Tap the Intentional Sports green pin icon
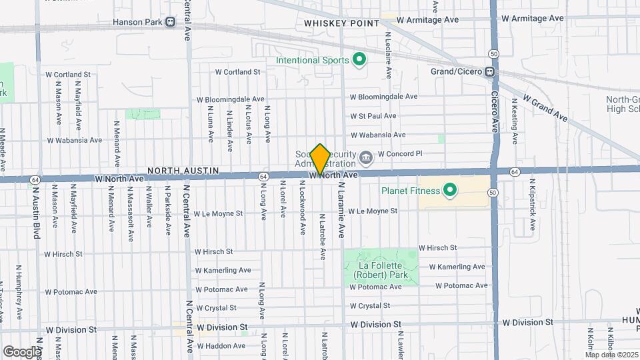click(360, 61)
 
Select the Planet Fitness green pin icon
click(450, 191)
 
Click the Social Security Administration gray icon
click(366, 158)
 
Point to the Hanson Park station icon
click(171, 22)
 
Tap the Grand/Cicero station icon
click(489, 71)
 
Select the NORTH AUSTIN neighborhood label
click(183, 171)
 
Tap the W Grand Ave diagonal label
click(545, 107)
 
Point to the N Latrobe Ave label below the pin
click(322, 237)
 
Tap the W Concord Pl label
click(400, 153)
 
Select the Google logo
click(21, 351)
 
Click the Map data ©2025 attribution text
click(611, 354)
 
